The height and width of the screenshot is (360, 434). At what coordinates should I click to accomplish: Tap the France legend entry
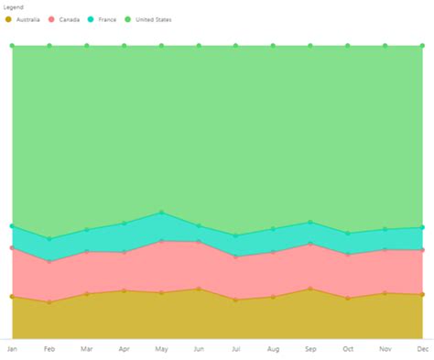(x=103, y=19)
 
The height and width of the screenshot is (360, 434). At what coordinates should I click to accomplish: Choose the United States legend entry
(x=148, y=19)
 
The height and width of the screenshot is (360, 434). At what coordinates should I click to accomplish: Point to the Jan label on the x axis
(x=12, y=349)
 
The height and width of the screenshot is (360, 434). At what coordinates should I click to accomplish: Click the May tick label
(x=161, y=349)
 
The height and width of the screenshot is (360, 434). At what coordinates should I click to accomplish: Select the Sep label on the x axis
(x=310, y=349)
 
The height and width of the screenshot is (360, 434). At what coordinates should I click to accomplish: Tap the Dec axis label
(x=422, y=349)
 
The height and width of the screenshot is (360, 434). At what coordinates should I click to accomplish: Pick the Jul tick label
(x=235, y=349)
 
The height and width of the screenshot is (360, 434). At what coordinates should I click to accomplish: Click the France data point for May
(x=161, y=213)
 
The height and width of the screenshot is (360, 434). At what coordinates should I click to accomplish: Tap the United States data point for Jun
(x=199, y=45)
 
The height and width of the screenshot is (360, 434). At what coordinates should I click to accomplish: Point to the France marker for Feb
(x=49, y=239)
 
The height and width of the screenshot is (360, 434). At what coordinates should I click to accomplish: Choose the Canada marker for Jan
(x=12, y=247)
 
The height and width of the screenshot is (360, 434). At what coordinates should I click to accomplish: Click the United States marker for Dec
(x=422, y=45)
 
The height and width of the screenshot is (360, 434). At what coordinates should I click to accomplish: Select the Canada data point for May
(x=161, y=241)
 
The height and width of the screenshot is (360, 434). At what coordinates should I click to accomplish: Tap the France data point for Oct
(x=348, y=234)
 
